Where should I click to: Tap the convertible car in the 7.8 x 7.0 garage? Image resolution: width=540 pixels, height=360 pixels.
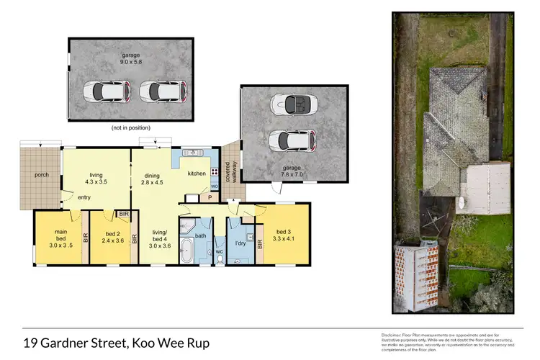tap(292, 105)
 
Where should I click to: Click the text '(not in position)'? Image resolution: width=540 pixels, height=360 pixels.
tap(131, 128)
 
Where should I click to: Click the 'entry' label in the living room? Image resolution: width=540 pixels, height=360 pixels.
tap(85, 197)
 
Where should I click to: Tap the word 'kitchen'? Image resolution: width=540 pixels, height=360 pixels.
tap(197, 174)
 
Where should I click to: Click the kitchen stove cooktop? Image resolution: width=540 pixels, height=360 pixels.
tap(214, 173)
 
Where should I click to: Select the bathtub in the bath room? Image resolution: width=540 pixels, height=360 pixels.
tap(186, 252)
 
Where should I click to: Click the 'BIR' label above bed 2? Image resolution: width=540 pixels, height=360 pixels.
tap(124, 214)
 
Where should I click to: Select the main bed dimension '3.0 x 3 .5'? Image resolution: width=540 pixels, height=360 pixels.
tap(60, 245)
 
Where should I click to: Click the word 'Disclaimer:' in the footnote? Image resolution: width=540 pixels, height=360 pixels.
tap(392, 336)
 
